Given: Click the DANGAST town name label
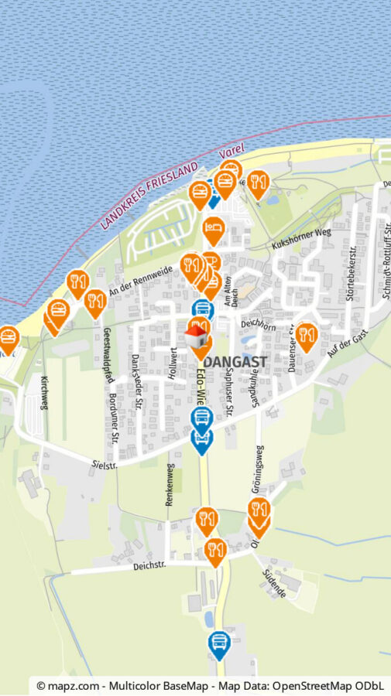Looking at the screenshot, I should (235, 361).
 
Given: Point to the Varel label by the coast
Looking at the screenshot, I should (231, 150).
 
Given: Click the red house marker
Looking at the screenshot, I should (196, 335).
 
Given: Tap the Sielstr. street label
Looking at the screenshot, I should (103, 465).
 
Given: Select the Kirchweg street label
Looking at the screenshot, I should (44, 393).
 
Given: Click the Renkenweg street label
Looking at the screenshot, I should (170, 485).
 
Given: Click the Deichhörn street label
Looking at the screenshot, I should (259, 322).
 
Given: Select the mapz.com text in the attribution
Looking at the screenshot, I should (74, 685).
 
